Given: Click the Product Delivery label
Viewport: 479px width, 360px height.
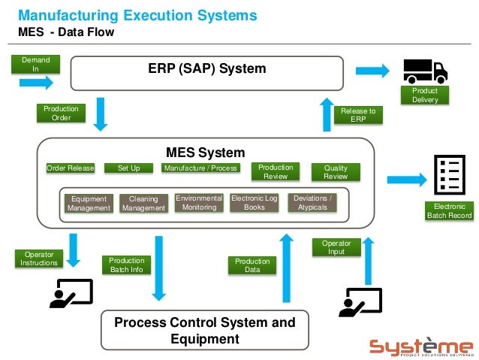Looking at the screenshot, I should [x=425, y=95].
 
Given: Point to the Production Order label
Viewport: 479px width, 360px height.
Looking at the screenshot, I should [x=61, y=113].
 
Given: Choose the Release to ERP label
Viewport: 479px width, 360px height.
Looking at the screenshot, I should [x=358, y=115].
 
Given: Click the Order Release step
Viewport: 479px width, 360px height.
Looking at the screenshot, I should [x=71, y=168].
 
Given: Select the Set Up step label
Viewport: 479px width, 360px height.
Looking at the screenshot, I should [x=128, y=168].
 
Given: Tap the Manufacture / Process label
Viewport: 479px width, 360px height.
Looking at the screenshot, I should [x=200, y=168].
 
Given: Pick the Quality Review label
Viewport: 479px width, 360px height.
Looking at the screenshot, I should [x=336, y=172].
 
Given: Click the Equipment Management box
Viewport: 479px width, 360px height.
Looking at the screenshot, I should [x=89, y=204].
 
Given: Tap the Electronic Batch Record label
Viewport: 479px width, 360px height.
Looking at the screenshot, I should [x=449, y=211].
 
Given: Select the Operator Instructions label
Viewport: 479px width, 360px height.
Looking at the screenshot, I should [x=39, y=259].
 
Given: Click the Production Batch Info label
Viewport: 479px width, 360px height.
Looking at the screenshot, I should [x=126, y=265].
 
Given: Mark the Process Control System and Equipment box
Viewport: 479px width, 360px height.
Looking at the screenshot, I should [x=204, y=331].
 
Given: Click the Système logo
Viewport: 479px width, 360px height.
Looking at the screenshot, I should [x=421, y=347].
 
